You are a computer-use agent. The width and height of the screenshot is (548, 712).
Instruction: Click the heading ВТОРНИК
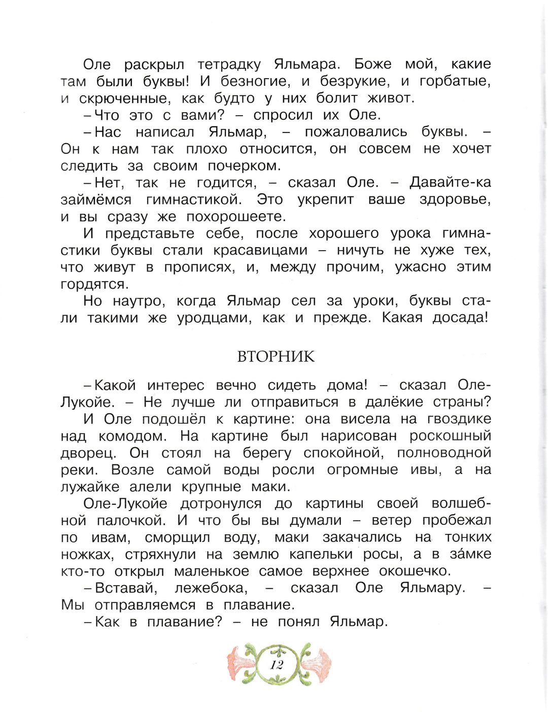(x=276, y=357)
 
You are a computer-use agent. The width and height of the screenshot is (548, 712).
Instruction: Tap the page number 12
(x=277, y=665)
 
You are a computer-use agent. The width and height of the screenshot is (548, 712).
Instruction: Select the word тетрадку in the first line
(x=229, y=65)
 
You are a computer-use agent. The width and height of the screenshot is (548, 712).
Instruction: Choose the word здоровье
(x=455, y=200)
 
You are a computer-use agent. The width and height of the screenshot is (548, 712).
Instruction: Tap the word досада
(x=460, y=318)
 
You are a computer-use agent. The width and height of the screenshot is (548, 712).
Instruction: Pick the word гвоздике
(x=459, y=420)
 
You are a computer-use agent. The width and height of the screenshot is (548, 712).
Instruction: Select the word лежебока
(x=211, y=589)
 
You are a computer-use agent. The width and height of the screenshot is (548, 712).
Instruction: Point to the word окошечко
(x=406, y=571)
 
